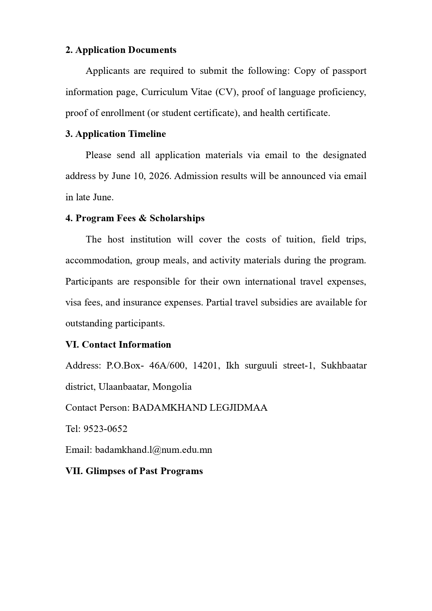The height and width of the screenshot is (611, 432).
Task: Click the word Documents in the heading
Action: (x=152, y=50)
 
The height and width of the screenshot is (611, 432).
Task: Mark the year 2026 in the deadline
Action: (x=160, y=176)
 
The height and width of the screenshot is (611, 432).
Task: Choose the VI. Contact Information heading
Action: (x=118, y=345)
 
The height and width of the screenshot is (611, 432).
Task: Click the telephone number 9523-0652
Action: (x=105, y=429)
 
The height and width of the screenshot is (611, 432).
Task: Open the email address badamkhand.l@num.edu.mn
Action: (x=154, y=450)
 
